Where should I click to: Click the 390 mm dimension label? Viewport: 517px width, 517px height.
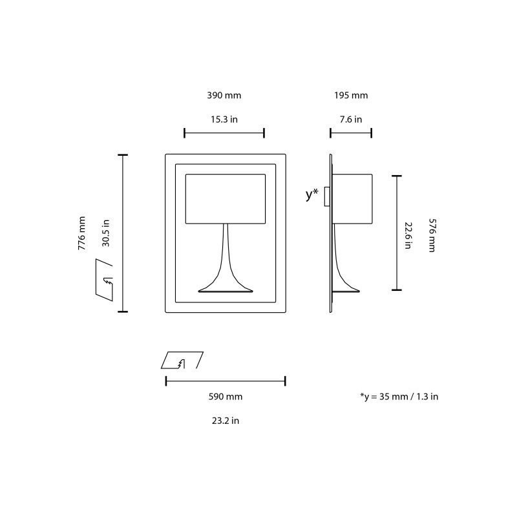click(x=224, y=96)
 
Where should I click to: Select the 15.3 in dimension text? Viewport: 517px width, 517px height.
click(x=224, y=119)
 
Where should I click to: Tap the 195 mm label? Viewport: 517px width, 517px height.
click(x=351, y=96)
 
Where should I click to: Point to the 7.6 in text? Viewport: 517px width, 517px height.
click(x=351, y=119)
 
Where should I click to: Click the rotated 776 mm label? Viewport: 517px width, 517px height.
click(x=81, y=233)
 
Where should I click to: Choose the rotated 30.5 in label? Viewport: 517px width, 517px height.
click(x=105, y=233)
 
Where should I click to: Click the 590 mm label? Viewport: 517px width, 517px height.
click(x=225, y=396)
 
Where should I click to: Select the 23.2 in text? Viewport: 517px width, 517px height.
click(x=225, y=420)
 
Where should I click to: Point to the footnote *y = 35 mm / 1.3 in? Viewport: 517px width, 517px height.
click(x=399, y=396)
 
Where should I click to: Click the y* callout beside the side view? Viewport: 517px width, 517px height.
click(x=312, y=195)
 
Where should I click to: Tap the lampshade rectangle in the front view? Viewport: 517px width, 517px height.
click(x=225, y=198)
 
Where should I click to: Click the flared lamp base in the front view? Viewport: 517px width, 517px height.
click(x=225, y=278)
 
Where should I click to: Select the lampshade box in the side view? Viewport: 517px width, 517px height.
click(x=353, y=197)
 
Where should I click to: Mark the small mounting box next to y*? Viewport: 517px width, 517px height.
click(x=327, y=196)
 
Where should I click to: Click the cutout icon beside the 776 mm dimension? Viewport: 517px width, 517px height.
click(x=104, y=278)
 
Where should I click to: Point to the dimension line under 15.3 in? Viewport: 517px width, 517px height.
click(x=224, y=133)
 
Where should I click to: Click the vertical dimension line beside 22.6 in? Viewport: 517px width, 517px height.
click(x=396, y=233)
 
